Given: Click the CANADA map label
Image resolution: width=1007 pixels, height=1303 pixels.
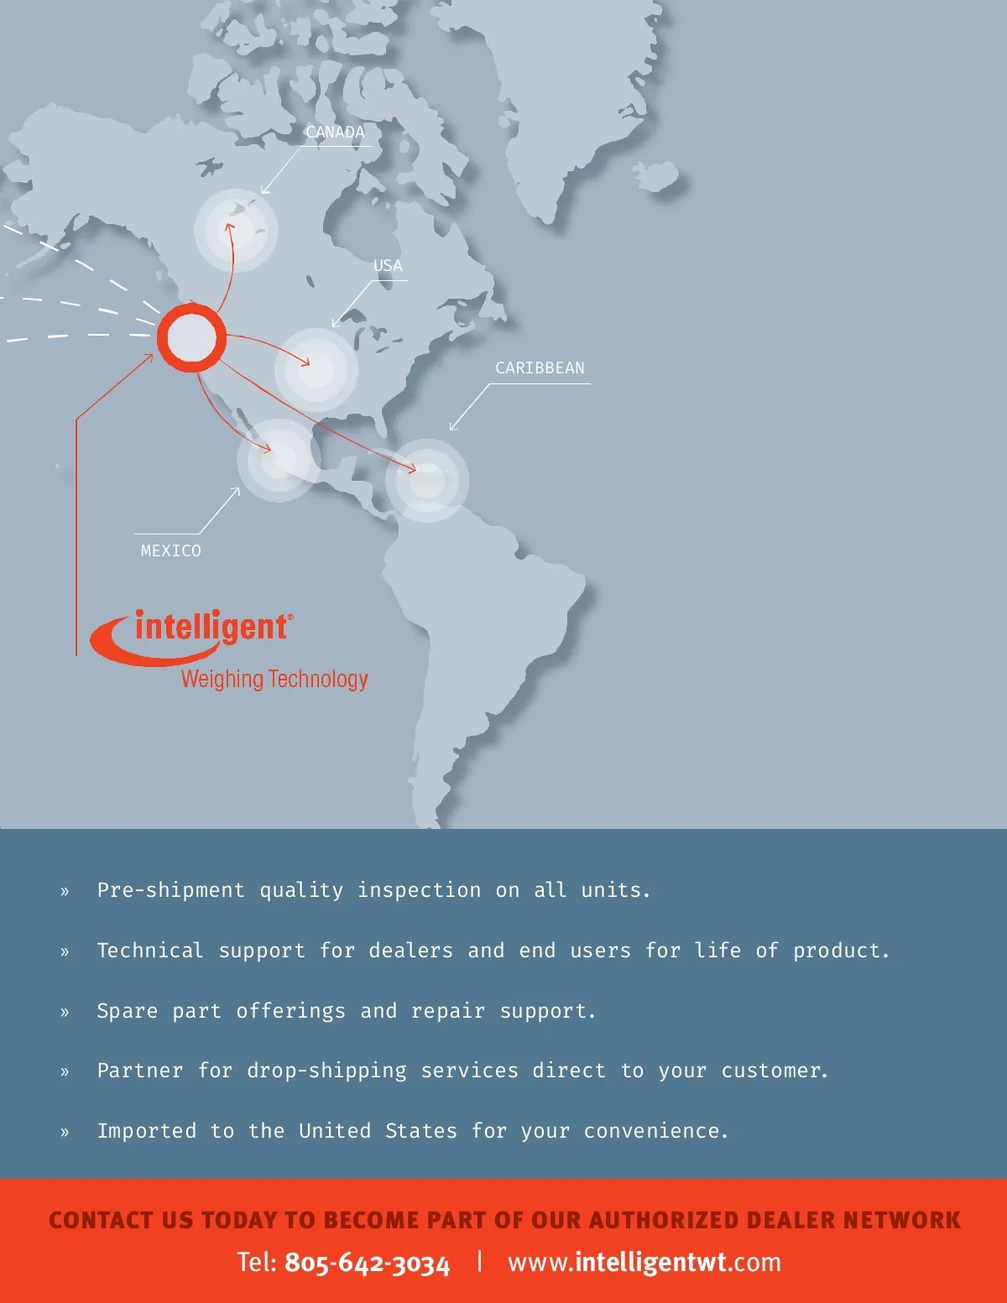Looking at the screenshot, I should click(335, 133).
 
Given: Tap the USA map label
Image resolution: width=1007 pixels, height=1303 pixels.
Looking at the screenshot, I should click(388, 266).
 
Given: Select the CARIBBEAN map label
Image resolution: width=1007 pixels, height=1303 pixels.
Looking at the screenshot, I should click(540, 368).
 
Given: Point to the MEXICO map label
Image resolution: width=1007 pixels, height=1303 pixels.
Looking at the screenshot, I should click(171, 550).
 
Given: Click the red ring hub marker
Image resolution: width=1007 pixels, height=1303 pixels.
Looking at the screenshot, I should click(192, 338).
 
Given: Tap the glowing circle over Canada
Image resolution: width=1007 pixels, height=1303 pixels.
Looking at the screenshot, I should click(236, 231).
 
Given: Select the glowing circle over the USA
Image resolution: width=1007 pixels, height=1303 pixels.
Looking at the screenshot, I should click(316, 369).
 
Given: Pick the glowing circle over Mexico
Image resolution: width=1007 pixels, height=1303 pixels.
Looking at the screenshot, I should click(279, 461).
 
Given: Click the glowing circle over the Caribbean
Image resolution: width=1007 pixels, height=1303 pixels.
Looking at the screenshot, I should click(427, 481).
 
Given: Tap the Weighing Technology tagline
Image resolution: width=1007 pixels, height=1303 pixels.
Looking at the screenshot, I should click(274, 679).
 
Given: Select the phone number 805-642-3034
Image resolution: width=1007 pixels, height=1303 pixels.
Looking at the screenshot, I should click(367, 1263).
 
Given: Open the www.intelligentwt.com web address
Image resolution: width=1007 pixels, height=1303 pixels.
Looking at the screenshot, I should click(644, 1262).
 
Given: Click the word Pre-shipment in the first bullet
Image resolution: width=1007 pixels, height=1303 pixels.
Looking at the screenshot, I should click(170, 890).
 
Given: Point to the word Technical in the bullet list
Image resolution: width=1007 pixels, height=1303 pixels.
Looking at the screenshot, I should click(149, 951).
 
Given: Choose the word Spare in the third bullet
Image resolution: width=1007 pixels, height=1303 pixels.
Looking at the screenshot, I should click(127, 1011).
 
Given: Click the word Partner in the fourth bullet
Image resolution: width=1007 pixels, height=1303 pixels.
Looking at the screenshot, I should click(139, 1071).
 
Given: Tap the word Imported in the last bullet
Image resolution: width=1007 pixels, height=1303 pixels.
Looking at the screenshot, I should click(147, 1131).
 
